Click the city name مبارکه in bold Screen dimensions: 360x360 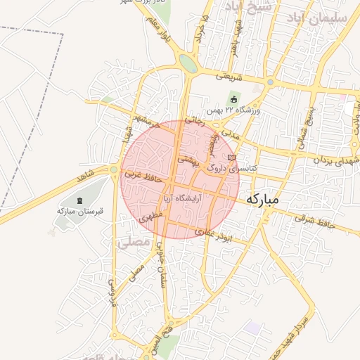263,200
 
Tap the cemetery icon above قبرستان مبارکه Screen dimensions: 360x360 79,201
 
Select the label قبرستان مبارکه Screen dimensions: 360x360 76,210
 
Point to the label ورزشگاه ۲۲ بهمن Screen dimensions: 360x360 233,111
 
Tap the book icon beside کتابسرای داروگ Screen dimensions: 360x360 231,158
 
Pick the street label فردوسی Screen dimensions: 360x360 112,290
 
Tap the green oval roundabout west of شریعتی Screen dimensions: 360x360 188,63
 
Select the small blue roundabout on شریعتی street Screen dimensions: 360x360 270,82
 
